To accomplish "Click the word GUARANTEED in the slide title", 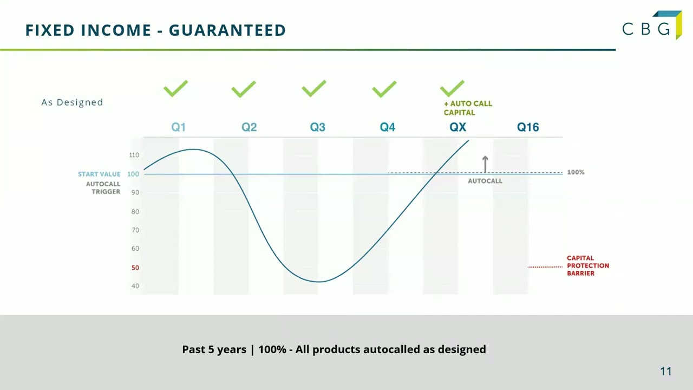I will click(x=227, y=30).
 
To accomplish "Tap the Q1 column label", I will click(x=178, y=127).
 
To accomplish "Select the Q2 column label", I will click(x=249, y=127).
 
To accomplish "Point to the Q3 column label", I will click(x=318, y=127).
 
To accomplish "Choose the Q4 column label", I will click(x=388, y=127).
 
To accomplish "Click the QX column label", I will click(x=457, y=127).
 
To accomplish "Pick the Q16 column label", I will click(x=528, y=127).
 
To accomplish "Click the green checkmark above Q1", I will click(x=175, y=88).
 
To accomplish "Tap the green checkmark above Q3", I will click(x=314, y=88).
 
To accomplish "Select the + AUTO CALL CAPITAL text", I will click(x=468, y=108).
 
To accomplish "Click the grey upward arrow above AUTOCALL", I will click(x=485, y=164).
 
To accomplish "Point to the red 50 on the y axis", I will click(x=135, y=268).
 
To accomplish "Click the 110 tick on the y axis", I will click(x=134, y=155).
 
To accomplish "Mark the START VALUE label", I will click(x=99, y=174).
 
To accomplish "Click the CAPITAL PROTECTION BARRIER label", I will click(x=587, y=265).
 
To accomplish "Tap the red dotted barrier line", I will click(x=545, y=266).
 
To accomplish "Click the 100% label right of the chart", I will click(x=576, y=172).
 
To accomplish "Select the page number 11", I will click(x=665, y=371).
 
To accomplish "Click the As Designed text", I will click(x=72, y=102).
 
